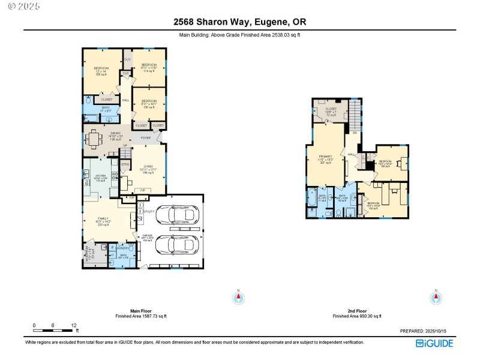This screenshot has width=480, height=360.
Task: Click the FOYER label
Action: point(146,138)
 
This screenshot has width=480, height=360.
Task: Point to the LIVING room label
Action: point(148,167)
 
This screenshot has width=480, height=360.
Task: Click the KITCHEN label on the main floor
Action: point(100,175)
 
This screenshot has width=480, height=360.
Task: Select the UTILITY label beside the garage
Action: point(149,212)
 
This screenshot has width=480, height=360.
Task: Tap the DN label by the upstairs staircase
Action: point(355,133)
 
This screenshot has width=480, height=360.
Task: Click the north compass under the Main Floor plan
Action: point(239,298)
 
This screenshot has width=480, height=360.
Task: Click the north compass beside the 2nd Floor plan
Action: point(436,298)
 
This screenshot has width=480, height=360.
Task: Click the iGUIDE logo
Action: point(434,343)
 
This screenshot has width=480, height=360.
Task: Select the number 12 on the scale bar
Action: point(73,325)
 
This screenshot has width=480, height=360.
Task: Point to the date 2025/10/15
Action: point(442,331)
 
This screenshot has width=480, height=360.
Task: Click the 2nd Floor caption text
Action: point(357,311)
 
